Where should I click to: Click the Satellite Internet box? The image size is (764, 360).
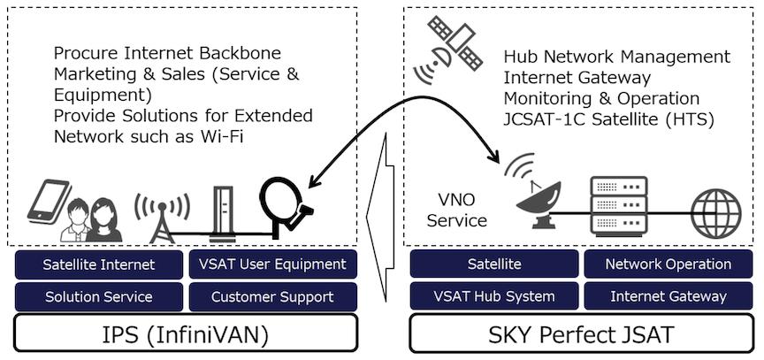point(98,264)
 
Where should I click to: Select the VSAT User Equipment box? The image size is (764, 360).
point(272,264)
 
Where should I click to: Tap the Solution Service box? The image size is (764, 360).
point(98,296)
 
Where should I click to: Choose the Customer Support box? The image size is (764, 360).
point(272,296)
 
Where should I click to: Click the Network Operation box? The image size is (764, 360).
point(668,264)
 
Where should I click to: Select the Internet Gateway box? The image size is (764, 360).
point(668,296)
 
